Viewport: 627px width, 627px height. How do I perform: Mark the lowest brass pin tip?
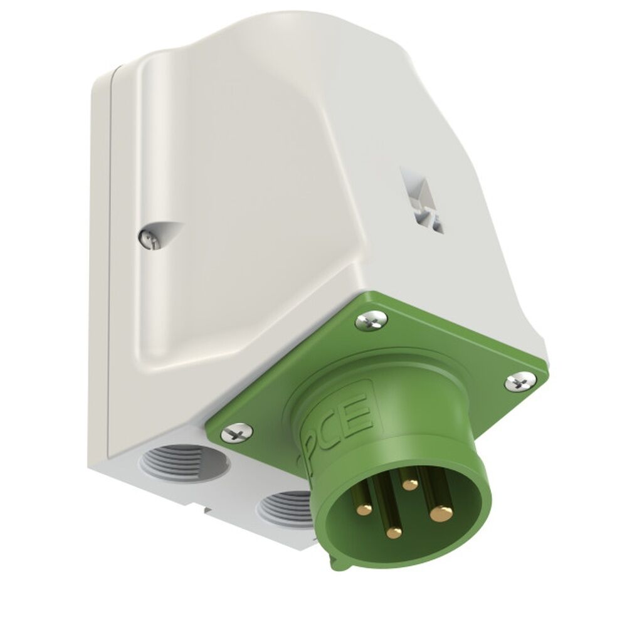393,533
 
